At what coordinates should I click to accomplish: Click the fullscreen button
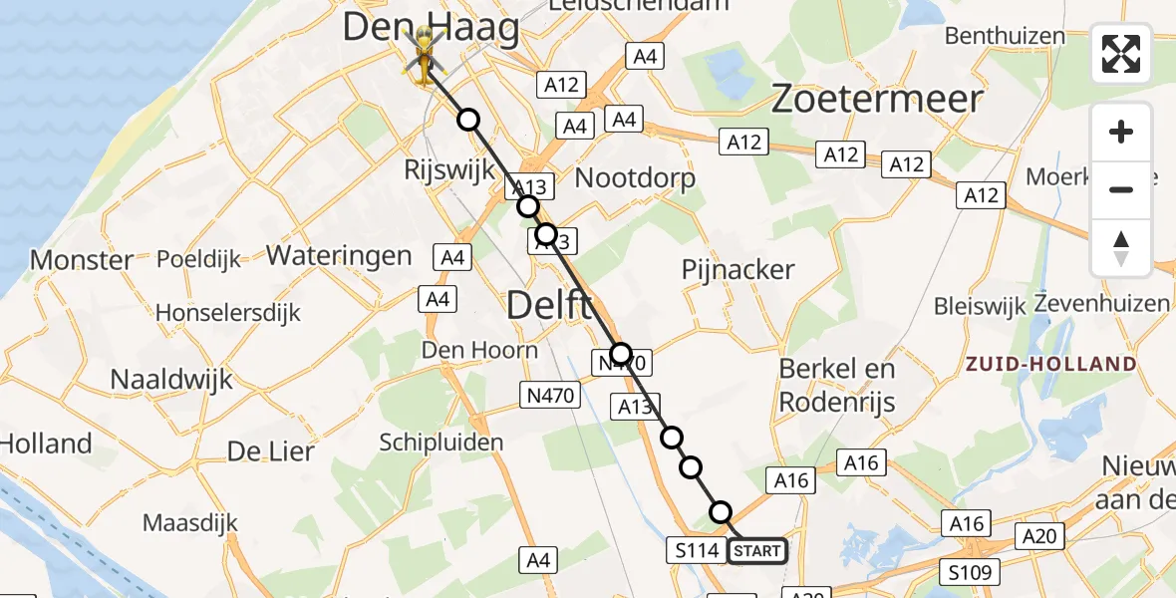tap(1121, 54)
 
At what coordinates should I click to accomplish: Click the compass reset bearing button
tap(1121, 248)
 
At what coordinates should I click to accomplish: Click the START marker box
tap(757, 550)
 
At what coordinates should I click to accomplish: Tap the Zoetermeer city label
tap(878, 99)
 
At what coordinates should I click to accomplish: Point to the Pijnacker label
tap(738, 269)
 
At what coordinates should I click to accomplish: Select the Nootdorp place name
tap(636, 178)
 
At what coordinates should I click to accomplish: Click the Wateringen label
tap(339, 255)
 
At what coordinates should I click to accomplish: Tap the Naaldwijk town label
tap(171, 379)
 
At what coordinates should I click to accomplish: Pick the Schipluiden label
tap(441, 443)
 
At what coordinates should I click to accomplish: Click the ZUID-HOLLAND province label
tap(1050, 364)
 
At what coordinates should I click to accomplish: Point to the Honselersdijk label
tap(228, 313)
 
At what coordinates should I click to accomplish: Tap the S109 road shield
tap(969, 572)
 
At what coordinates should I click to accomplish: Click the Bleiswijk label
tap(980, 306)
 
